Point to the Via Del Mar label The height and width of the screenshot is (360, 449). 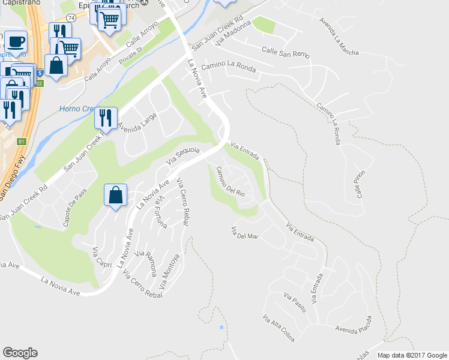[244, 233]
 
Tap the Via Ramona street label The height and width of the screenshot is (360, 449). [145, 262]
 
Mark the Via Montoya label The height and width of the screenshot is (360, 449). [170, 268]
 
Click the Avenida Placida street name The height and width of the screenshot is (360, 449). [355, 331]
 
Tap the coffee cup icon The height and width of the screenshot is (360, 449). [16, 43]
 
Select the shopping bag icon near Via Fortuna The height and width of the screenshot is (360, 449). [115, 196]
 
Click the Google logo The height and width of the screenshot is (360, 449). [20, 353]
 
